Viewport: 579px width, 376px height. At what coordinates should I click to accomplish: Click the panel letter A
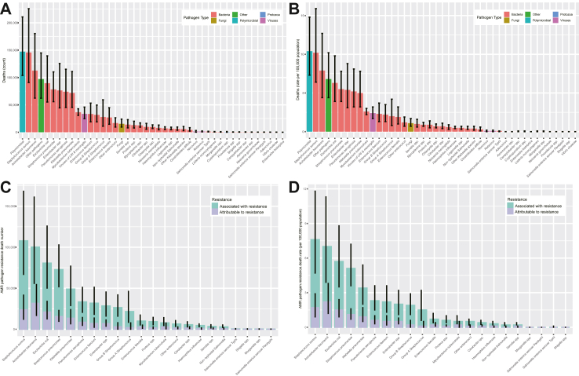(7, 7)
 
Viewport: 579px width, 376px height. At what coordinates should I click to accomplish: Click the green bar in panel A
(41, 105)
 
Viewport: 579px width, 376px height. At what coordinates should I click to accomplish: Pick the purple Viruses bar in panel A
(84, 122)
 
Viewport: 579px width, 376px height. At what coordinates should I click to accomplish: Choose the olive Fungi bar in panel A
(122, 128)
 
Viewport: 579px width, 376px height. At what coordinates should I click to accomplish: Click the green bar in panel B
(328, 105)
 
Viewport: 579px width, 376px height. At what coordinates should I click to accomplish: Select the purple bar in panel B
(373, 123)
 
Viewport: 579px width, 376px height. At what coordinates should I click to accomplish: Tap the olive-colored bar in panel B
(410, 127)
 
